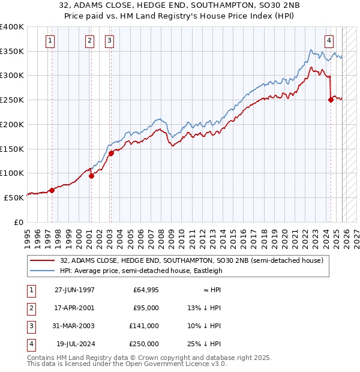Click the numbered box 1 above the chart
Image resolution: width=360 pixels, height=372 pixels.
[x=49, y=41]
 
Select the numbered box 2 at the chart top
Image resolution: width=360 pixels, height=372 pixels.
[x=89, y=41]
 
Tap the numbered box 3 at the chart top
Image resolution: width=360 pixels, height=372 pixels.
[x=110, y=41]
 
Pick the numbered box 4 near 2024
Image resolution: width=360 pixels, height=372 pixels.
[x=329, y=41]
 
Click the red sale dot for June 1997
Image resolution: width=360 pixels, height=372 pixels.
[x=52, y=190]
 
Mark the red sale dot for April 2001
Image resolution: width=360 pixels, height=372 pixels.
[x=91, y=176]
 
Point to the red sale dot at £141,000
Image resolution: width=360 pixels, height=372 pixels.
[x=111, y=153]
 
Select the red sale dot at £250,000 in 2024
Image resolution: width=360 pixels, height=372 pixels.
[x=331, y=100]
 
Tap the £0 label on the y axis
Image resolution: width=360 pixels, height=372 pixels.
[x=19, y=222]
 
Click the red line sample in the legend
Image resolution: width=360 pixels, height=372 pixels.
[x=43, y=260]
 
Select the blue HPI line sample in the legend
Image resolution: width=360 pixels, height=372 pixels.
[x=43, y=271]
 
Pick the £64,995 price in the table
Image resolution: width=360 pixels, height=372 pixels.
[x=146, y=290]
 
